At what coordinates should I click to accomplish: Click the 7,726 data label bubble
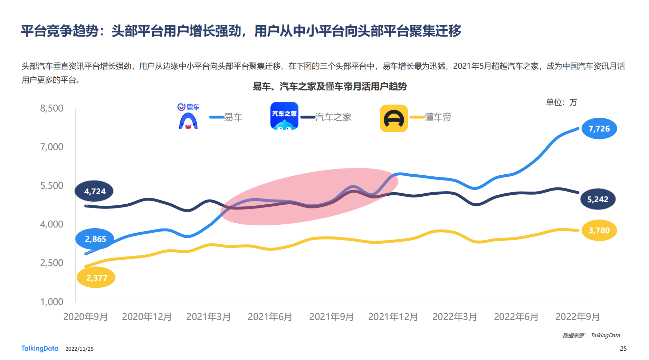pyautogui.click(x=599, y=129)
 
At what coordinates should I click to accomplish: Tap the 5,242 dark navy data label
pyautogui.click(x=598, y=199)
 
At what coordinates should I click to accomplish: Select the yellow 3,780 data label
pyautogui.click(x=599, y=230)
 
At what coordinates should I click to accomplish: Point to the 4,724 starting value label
pyautogui.click(x=94, y=191)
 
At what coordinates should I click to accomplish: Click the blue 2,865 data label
pyautogui.click(x=95, y=239)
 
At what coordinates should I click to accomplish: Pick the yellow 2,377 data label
pyautogui.click(x=96, y=278)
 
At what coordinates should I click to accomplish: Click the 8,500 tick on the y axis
pyautogui.click(x=52, y=108)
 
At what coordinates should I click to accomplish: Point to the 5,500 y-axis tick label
pyautogui.click(x=52, y=186)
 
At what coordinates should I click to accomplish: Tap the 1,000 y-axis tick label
pyautogui.click(x=52, y=302)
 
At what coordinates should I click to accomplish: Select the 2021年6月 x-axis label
pyautogui.click(x=270, y=317)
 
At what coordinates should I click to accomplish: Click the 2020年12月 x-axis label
pyautogui.click(x=147, y=317)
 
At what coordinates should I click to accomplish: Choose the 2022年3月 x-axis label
pyautogui.click(x=455, y=317)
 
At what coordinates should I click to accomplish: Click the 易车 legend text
pyautogui.click(x=233, y=117)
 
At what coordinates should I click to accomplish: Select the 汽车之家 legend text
pyautogui.click(x=333, y=117)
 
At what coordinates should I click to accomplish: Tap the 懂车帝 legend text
pyautogui.click(x=438, y=117)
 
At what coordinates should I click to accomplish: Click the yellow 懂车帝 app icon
pyautogui.click(x=394, y=118)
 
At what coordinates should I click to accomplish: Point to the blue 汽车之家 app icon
pyautogui.click(x=284, y=116)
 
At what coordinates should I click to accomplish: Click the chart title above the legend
pyautogui.click(x=330, y=86)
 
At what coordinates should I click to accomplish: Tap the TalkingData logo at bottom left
pyautogui.click(x=40, y=348)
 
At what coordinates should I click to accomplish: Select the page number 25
pyautogui.click(x=623, y=349)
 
